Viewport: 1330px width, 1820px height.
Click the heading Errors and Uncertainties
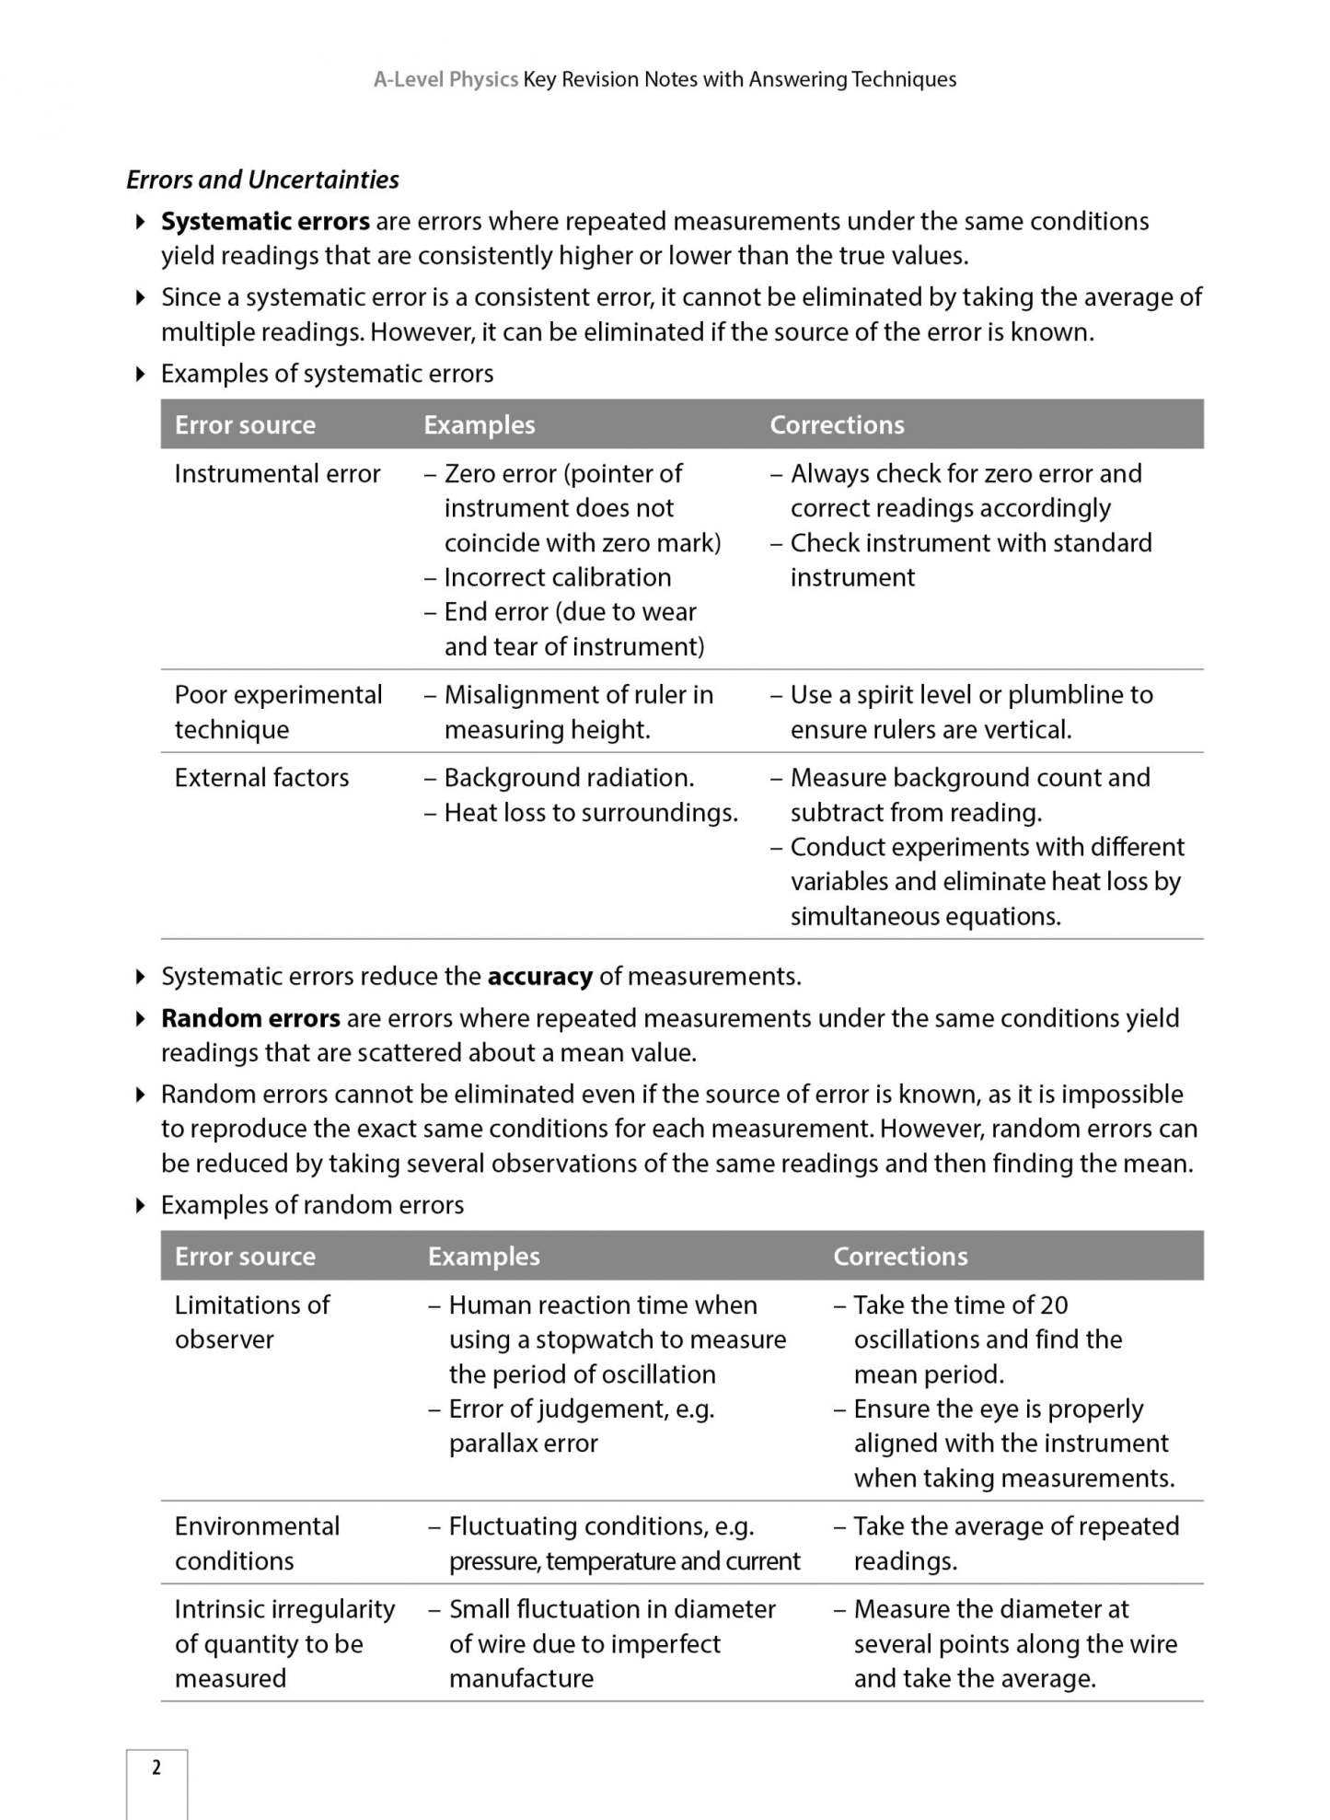click(x=262, y=180)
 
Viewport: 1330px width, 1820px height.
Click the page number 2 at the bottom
click(x=156, y=1767)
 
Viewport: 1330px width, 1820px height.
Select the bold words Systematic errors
click(x=265, y=221)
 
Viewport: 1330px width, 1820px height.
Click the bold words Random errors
click(x=250, y=1018)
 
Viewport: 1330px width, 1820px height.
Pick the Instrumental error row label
click(x=277, y=474)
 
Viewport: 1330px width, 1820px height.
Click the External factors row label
click(x=261, y=778)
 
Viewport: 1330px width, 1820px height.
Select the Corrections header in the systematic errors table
click(x=837, y=424)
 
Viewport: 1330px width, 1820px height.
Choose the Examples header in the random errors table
click(x=483, y=1257)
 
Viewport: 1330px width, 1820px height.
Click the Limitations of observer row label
click(x=251, y=1322)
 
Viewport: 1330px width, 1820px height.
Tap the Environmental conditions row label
click(x=257, y=1543)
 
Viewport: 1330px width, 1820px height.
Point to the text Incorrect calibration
click(x=557, y=577)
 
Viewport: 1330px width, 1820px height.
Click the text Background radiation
click(x=568, y=778)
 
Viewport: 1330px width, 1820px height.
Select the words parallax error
click(x=523, y=1443)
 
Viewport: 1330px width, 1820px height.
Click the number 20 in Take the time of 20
click(x=1053, y=1305)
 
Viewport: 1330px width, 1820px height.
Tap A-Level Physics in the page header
click(x=445, y=79)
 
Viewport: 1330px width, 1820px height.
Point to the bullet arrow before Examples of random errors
click(x=141, y=1205)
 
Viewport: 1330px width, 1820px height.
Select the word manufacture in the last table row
click(x=521, y=1678)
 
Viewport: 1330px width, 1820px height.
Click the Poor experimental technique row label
click(x=278, y=712)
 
